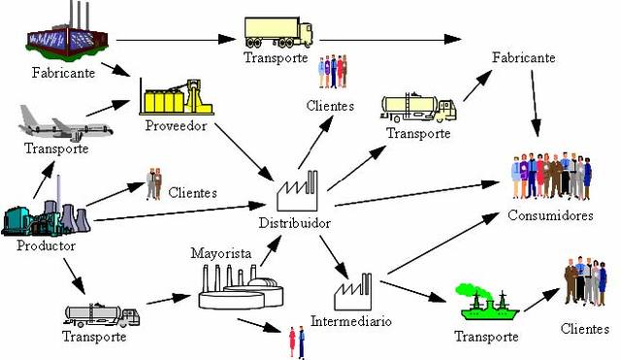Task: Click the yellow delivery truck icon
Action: [x=278, y=32]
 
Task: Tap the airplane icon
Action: [x=65, y=124]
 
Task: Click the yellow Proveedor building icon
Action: [x=176, y=96]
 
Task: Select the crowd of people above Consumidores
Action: [x=550, y=177]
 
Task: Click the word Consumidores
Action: [x=550, y=215]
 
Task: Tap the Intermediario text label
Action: [x=351, y=320]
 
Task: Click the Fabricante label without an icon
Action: [x=524, y=58]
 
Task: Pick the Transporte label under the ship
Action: [x=487, y=336]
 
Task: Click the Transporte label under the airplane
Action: [x=56, y=148]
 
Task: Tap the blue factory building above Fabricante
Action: [x=61, y=35]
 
